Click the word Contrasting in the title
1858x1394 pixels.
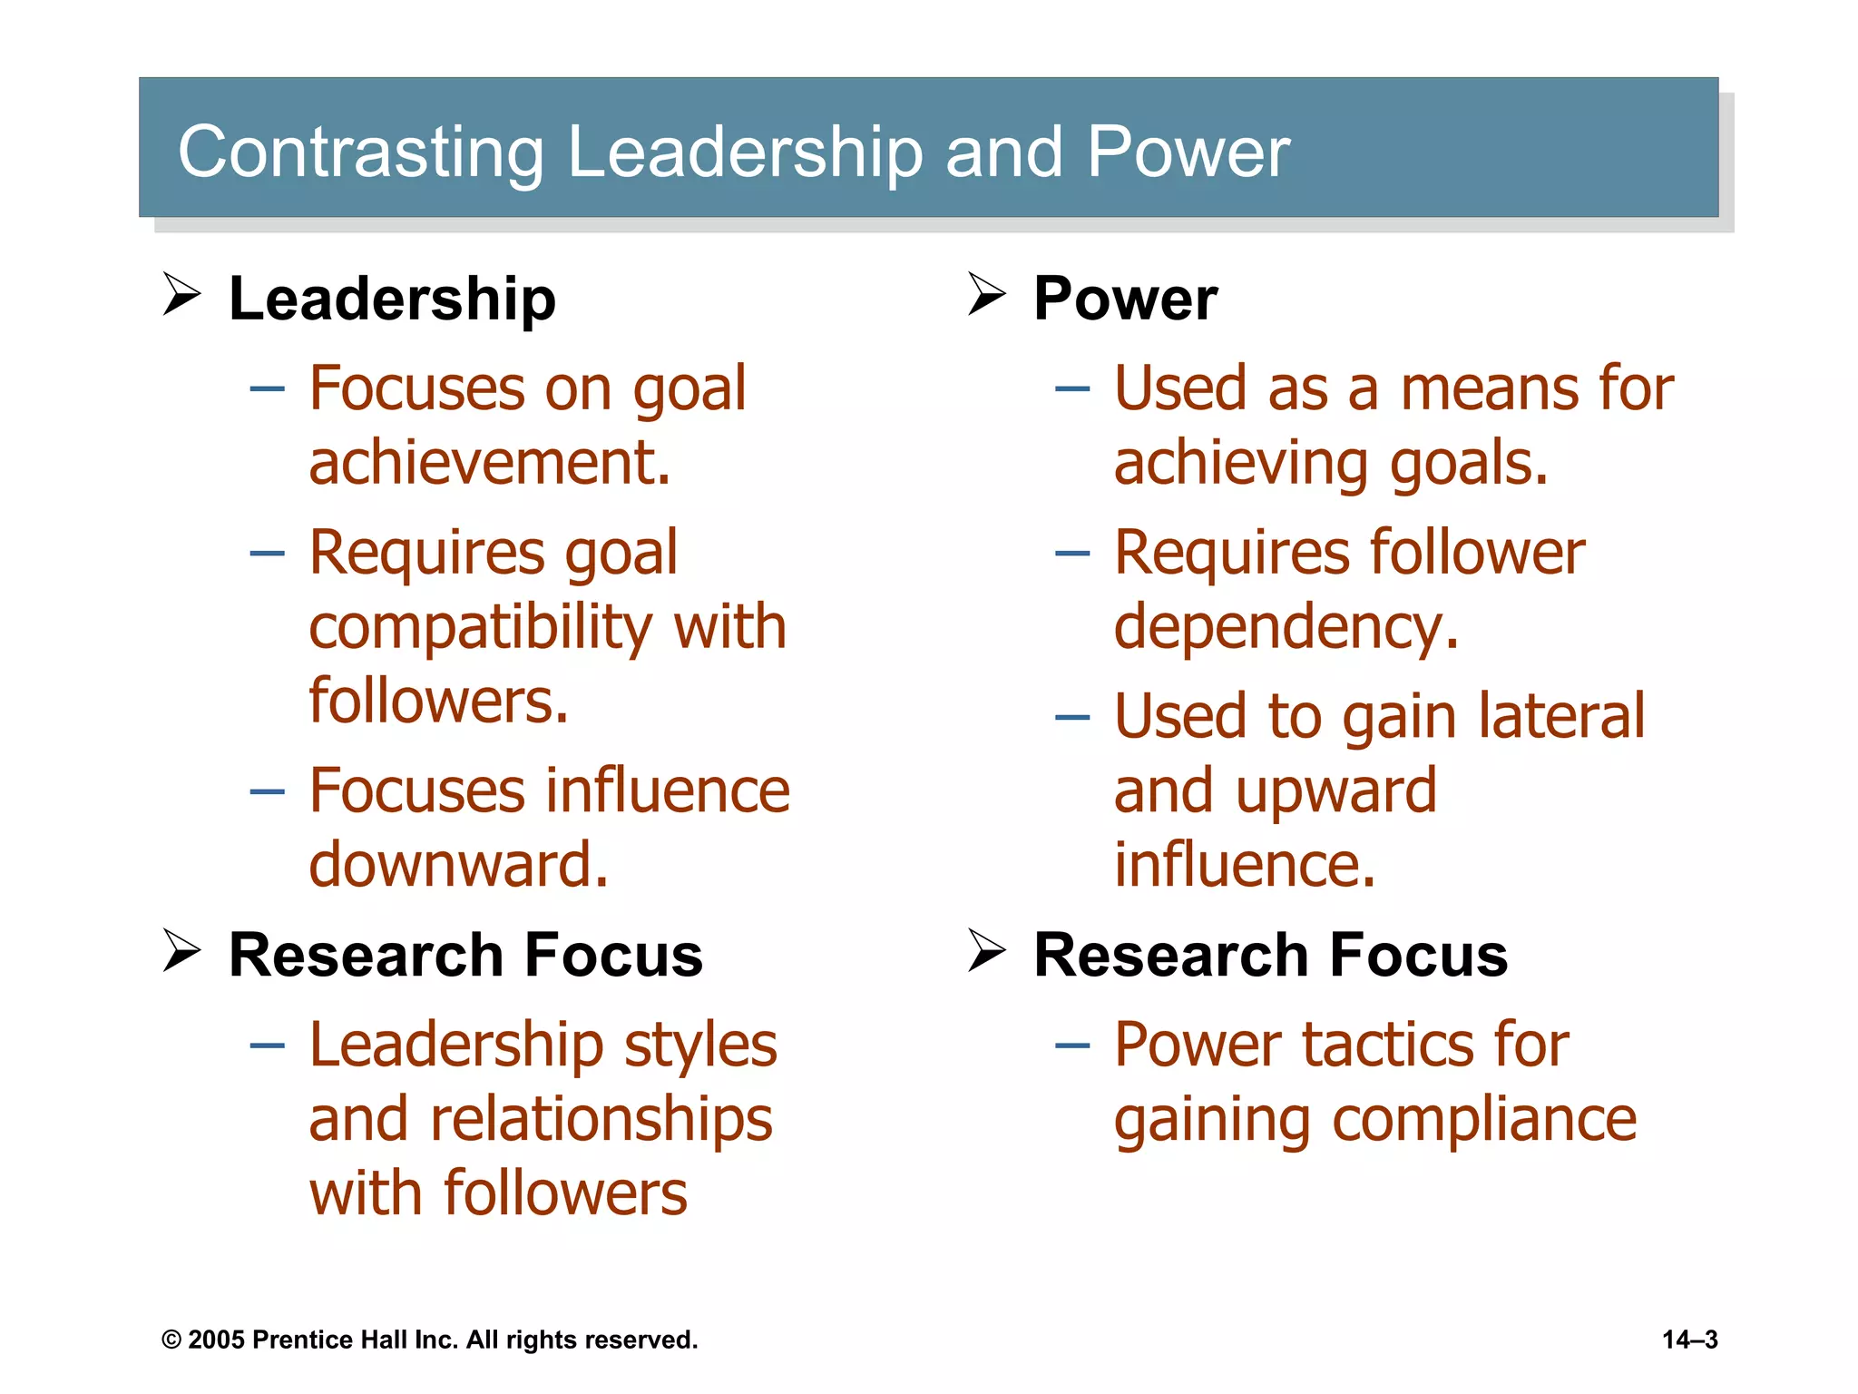click(360, 152)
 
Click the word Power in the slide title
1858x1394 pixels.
click(1188, 152)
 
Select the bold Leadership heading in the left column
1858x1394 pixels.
click(392, 299)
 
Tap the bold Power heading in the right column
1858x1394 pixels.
click(1125, 299)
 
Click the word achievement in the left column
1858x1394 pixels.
click(488, 463)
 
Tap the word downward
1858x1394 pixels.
click(458, 864)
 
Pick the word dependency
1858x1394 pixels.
click(1286, 628)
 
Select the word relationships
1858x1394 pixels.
click(601, 1119)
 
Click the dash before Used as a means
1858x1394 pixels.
click(1071, 389)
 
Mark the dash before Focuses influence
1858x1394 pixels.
click(267, 791)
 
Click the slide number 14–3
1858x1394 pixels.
click(1689, 1340)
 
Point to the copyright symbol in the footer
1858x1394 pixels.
click(171, 1340)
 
